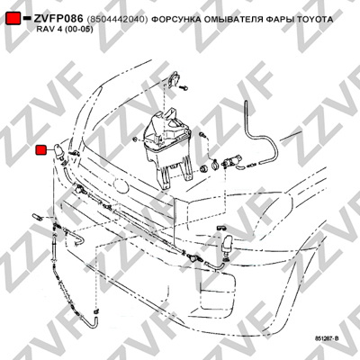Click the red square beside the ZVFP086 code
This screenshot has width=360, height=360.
click(x=13, y=18)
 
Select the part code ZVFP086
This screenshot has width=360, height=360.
click(x=58, y=19)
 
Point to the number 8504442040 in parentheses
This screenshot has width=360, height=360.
click(x=117, y=20)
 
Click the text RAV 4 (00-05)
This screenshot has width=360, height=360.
click(x=65, y=30)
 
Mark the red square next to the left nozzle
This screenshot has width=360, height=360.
click(x=40, y=150)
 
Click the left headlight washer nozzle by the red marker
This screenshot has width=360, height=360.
click(x=59, y=153)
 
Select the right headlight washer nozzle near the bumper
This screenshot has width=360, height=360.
click(x=227, y=245)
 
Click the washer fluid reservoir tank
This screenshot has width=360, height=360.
click(x=166, y=141)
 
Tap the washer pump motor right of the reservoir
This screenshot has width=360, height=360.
click(x=232, y=161)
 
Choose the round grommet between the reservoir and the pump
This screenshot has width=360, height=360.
click(x=203, y=169)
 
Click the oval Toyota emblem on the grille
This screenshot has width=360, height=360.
click(x=121, y=186)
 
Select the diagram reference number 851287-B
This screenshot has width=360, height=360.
click(x=327, y=338)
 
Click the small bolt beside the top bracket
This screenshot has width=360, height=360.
click(x=184, y=88)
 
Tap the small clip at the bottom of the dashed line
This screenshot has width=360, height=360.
click(x=96, y=311)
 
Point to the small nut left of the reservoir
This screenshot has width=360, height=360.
click(x=135, y=139)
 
